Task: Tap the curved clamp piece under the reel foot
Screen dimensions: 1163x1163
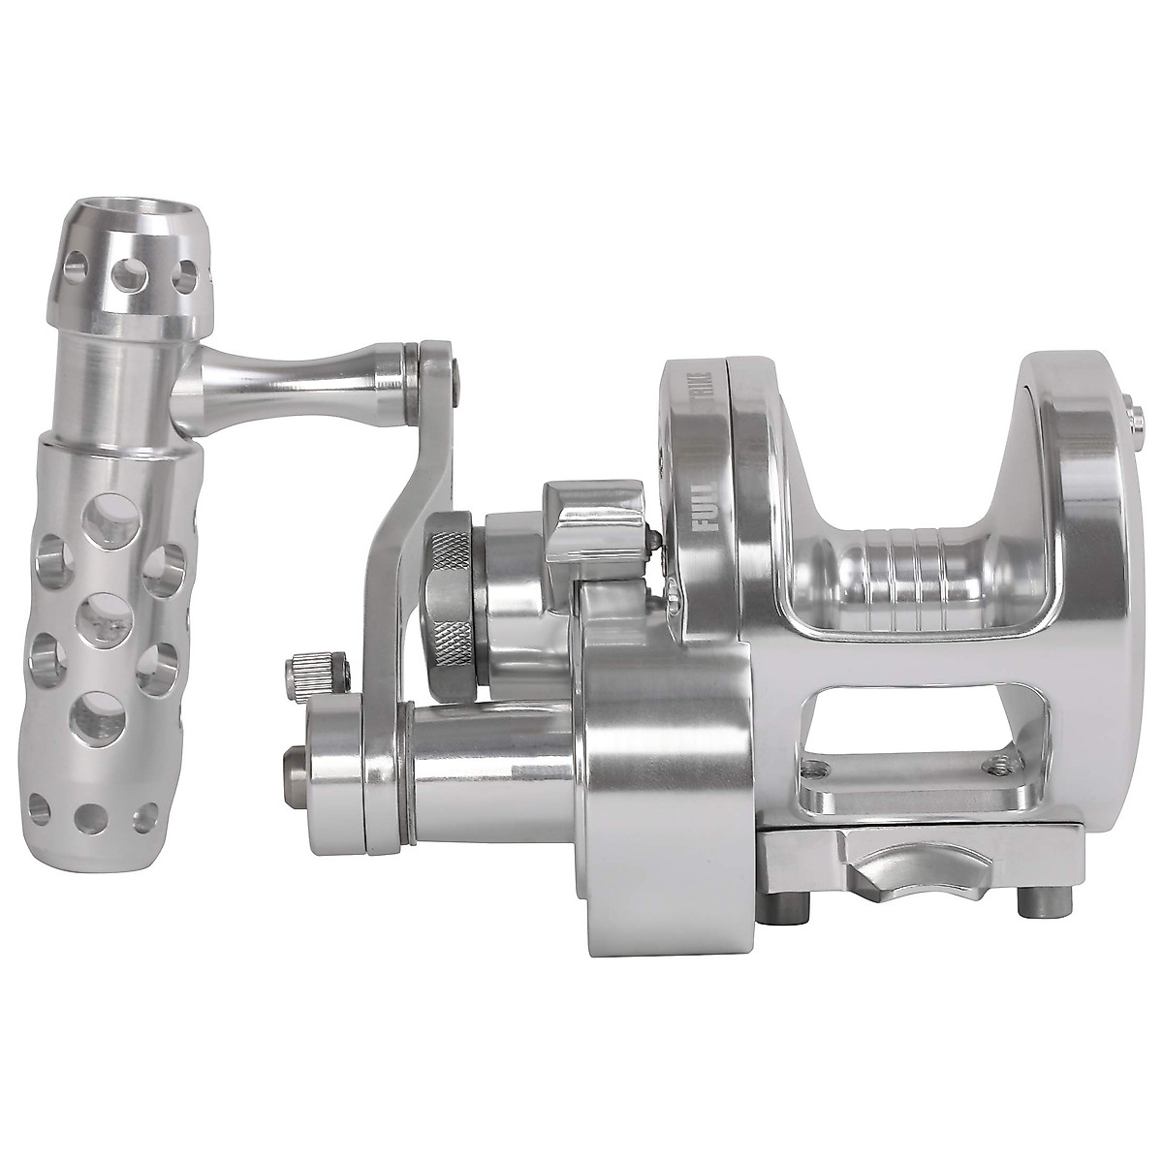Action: (x=901, y=861)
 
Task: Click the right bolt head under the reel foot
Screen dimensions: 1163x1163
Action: (x=1029, y=906)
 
